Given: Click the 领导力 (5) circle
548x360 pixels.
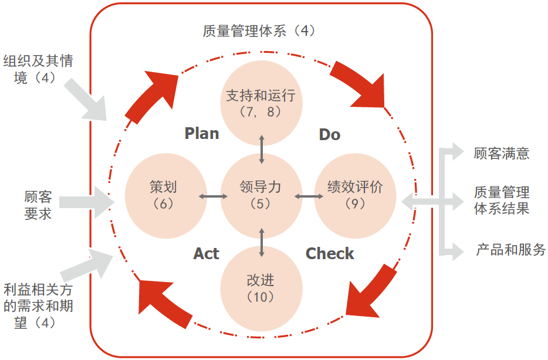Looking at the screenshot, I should pos(261,196).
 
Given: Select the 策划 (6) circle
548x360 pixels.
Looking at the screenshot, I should pos(163,196).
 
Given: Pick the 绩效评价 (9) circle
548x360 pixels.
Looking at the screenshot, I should pos(355,196).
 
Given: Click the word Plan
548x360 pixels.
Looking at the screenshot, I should pos(202,134).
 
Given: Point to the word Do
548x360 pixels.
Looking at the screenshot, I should pos(329,135).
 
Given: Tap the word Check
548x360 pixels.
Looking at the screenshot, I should pos(330,253).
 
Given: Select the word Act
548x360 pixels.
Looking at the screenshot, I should pos(206,253).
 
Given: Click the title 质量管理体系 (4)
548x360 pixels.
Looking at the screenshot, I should pos(259,31).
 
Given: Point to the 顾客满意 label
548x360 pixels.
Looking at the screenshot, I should pos(502,154).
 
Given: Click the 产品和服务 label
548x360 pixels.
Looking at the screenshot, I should pos(510,250).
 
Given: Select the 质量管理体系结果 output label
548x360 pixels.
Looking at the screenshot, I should pos(502,200).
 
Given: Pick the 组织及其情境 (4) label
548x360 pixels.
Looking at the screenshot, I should pos(38,69).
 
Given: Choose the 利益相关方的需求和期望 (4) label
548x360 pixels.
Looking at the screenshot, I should pos(38,306).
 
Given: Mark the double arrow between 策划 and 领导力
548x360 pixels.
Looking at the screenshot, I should pos(212,196).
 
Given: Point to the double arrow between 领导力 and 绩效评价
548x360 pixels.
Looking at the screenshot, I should pos(306,196).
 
